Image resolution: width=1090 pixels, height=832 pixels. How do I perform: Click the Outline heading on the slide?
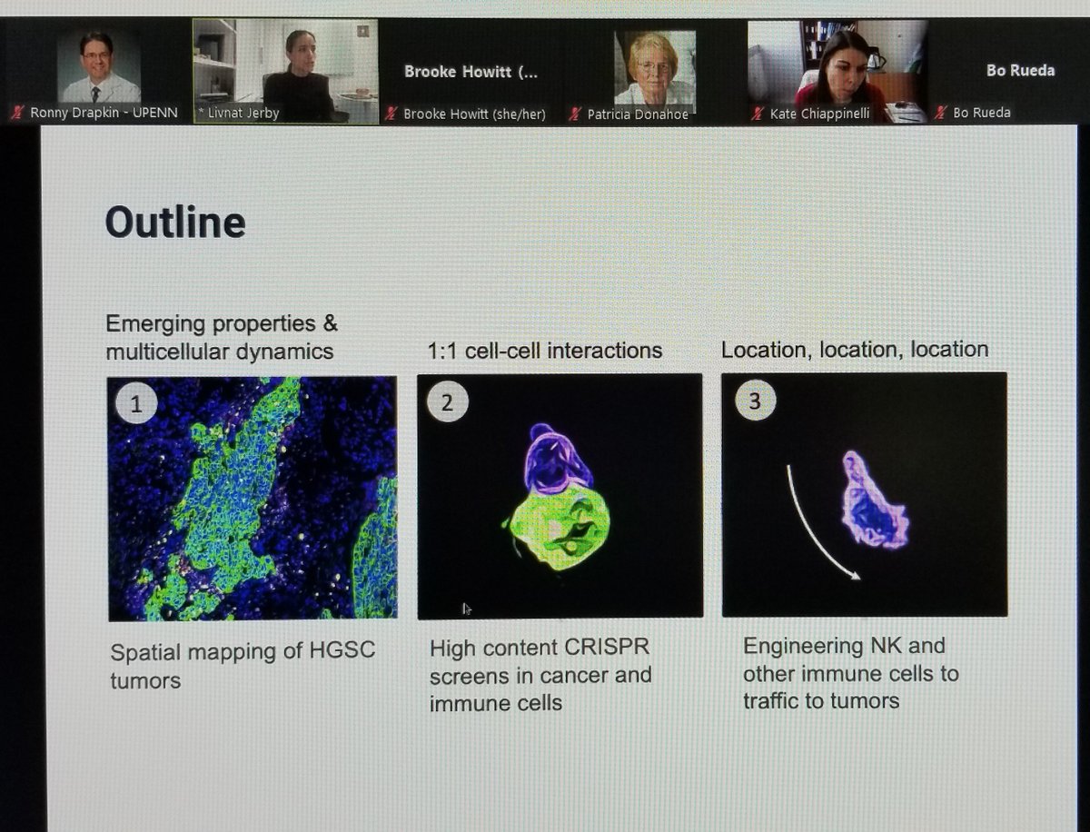tap(175, 223)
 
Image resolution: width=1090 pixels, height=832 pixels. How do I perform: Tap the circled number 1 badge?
tap(135, 404)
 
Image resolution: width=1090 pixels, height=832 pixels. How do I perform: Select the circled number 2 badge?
tap(446, 402)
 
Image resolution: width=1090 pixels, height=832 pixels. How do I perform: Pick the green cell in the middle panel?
tap(559, 529)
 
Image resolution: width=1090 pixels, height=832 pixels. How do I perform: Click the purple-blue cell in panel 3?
tap(874, 501)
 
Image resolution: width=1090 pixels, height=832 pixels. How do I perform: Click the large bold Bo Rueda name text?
tap(1020, 70)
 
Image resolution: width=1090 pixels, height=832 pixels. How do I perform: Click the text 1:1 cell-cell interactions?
tap(545, 351)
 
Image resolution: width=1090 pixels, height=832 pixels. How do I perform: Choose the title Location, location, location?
tap(855, 349)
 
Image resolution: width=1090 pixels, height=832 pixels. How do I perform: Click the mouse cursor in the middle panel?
tap(467, 609)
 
